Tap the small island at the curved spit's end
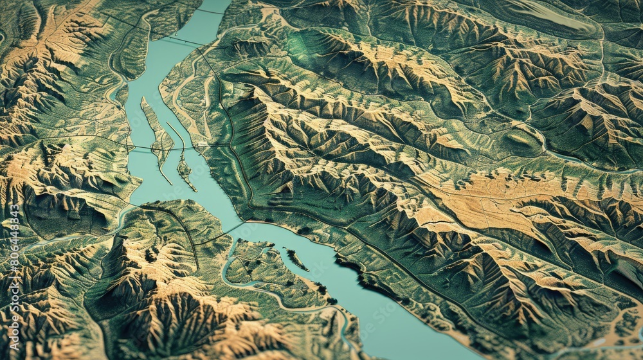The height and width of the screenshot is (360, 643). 186,170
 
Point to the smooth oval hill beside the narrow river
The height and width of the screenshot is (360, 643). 521,138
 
